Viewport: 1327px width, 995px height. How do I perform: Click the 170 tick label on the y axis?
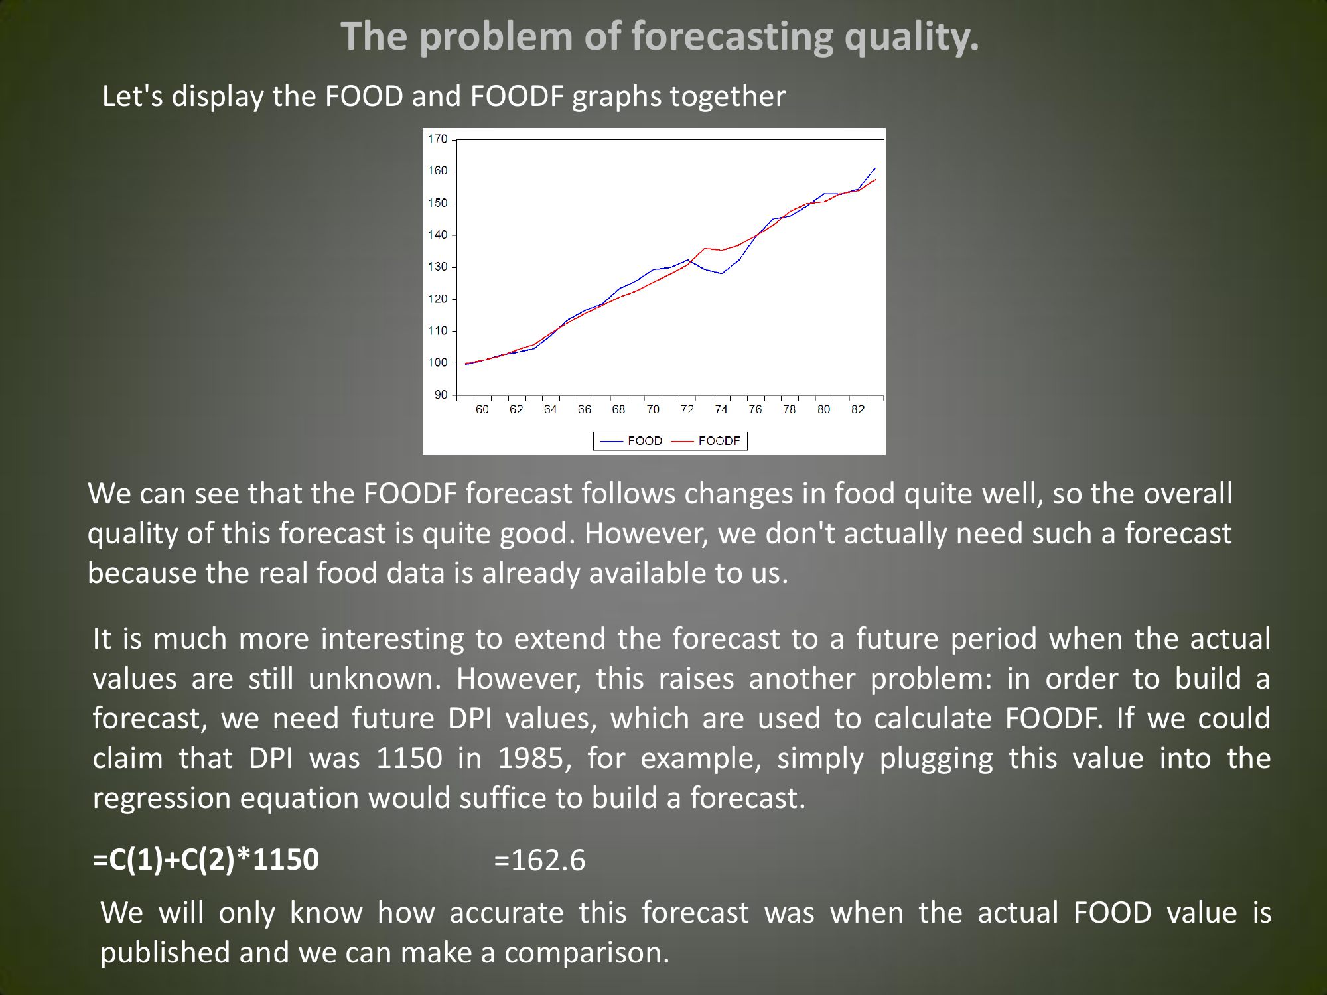pyautogui.click(x=437, y=139)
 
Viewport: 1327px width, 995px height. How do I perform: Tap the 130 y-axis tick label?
pyautogui.click(x=437, y=267)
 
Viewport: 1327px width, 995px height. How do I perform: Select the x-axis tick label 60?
pyautogui.click(x=482, y=409)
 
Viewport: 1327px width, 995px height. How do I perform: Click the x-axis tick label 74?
pyautogui.click(x=721, y=409)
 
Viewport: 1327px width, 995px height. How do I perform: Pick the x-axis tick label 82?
pyautogui.click(x=858, y=409)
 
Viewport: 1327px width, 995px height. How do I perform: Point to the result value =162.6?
pyautogui.click(x=540, y=860)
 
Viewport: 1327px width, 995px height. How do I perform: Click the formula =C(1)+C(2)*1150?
pyautogui.click(x=206, y=860)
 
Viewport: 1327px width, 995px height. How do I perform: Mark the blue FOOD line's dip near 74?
pyautogui.click(x=721, y=273)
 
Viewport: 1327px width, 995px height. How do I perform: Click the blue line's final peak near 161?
pyautogui.click(x=874, y=168)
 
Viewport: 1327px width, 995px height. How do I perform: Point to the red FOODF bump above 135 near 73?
pyautogui.click(x=705, y=249)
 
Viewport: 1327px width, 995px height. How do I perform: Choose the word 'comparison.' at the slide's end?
pyautogui.click(x=587, y=953)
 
